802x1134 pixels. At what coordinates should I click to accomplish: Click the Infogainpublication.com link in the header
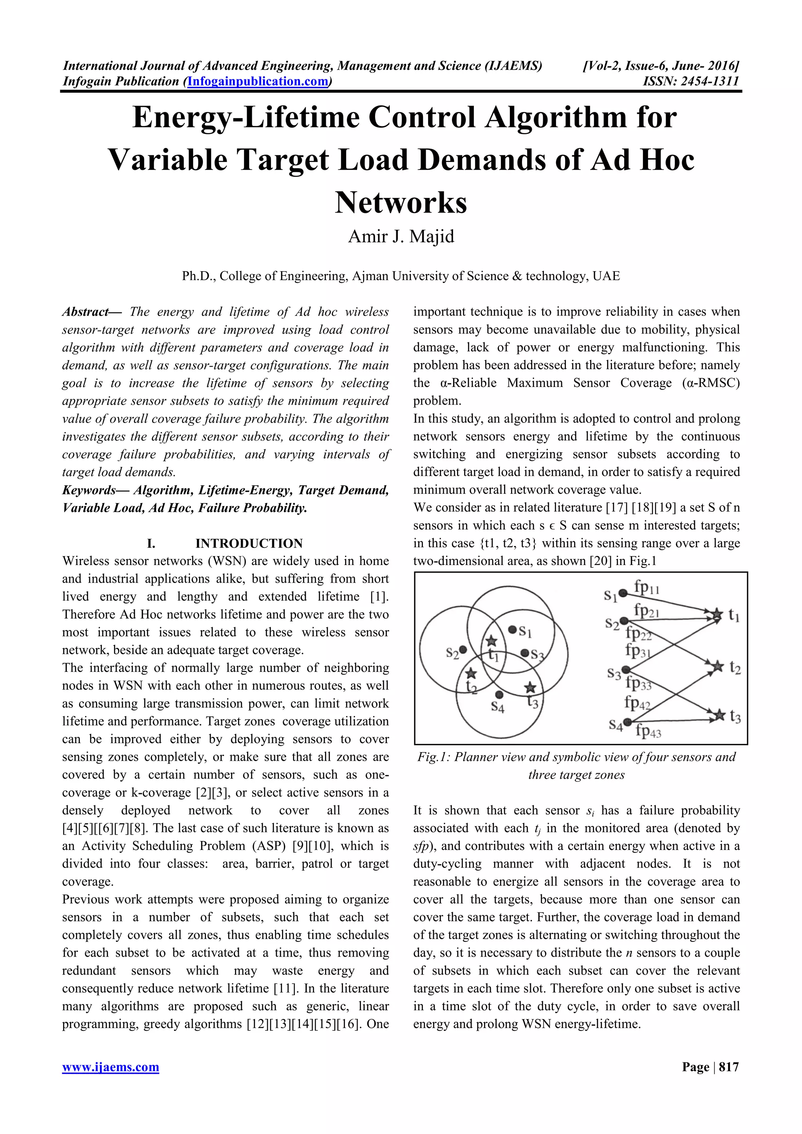[257, 81]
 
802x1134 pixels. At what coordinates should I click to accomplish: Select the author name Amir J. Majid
[401, 237]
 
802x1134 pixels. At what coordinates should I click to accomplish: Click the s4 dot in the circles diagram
[499, 695]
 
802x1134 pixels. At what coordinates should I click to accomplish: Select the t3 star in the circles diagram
[530, 687]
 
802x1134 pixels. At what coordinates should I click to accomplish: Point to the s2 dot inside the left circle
[462, 650]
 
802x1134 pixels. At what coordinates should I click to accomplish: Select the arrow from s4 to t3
[672, 719]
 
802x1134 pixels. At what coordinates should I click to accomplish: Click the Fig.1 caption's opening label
[433, 757]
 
